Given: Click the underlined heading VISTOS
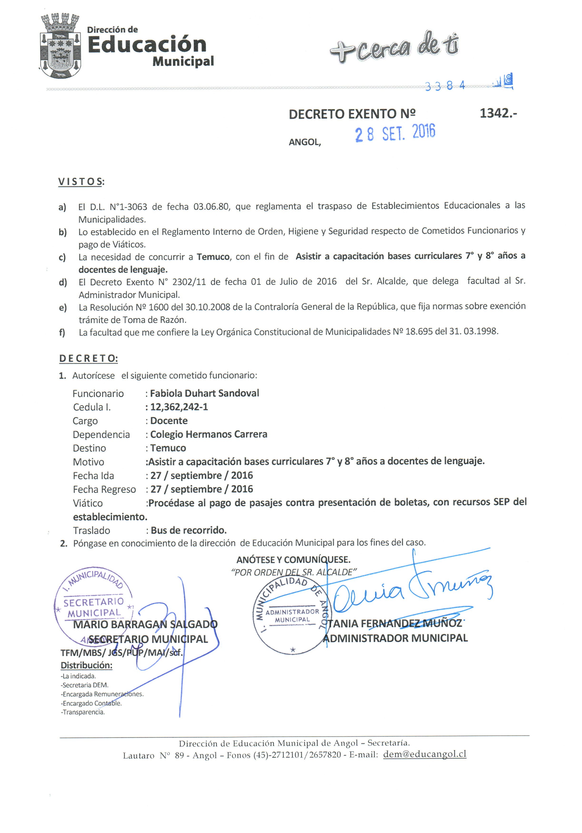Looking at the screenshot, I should pos(80,181).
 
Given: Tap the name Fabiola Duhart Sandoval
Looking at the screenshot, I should pos(204,393).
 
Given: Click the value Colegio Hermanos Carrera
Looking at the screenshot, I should pos(209,434).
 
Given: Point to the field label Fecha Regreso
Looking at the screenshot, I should pos(104,489).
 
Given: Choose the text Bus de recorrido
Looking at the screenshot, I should pos(188,531).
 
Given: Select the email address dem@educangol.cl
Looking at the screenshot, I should pos(424,754).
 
